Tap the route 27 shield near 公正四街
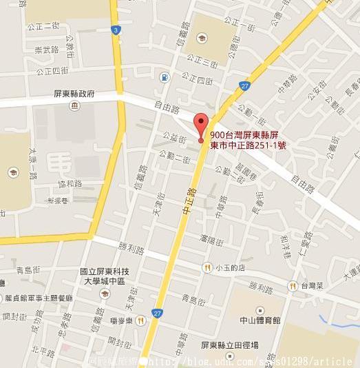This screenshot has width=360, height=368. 245,85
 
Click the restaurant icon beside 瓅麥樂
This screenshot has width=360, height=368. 140,320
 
